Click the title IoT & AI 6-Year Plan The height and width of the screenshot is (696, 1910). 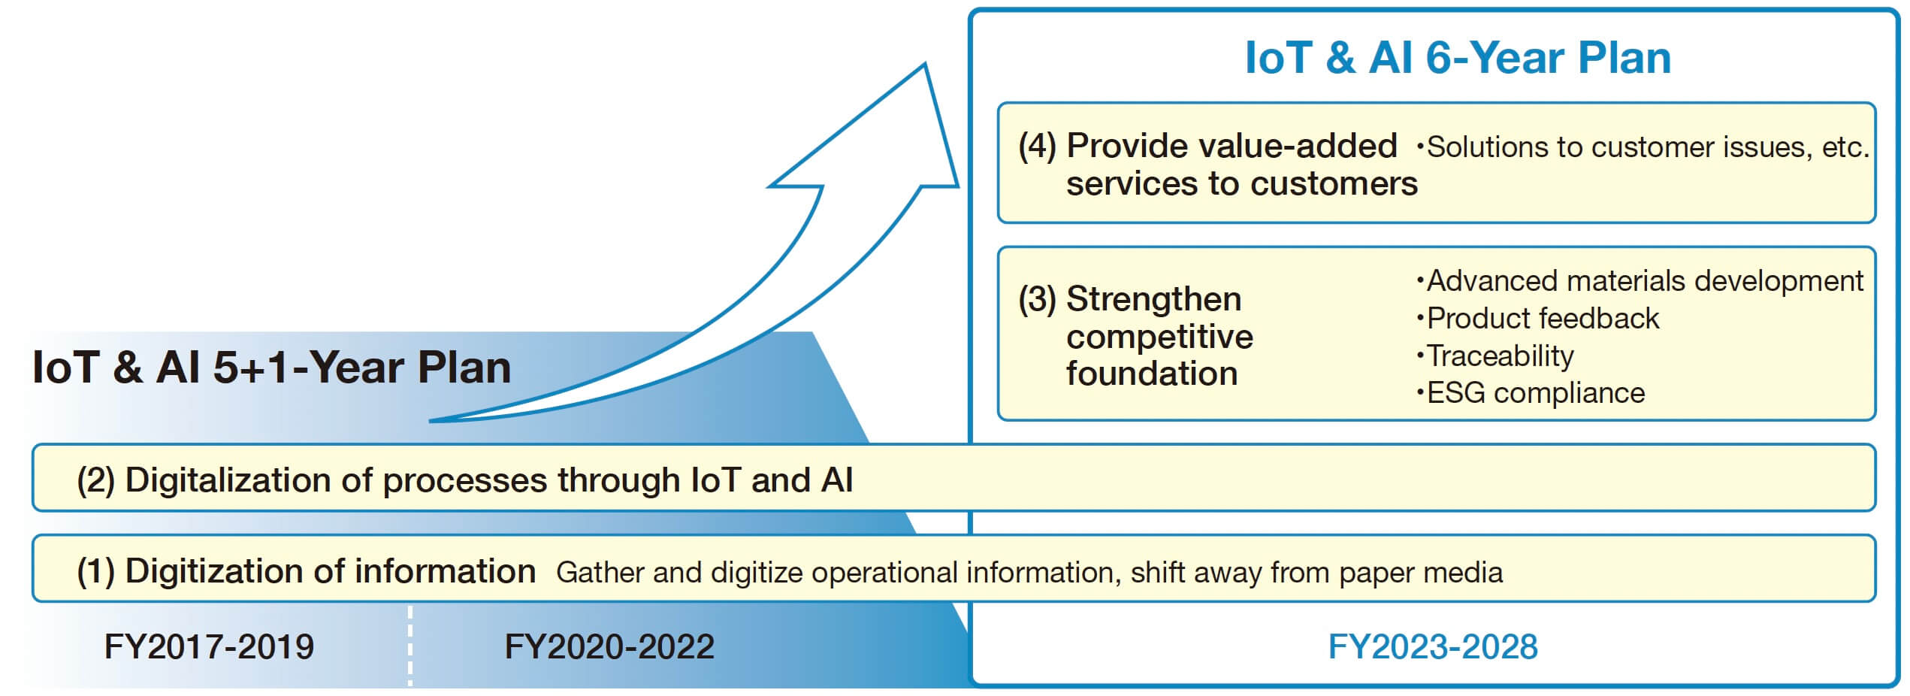click(x=1458, y=58)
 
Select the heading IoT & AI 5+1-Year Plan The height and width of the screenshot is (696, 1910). click(x=271, y=368)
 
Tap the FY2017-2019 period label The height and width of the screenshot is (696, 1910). click(x=209, y=646)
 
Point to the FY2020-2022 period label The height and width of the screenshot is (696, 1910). click(x=609, y=646)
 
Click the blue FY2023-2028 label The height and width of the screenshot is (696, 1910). click(x=1433, y=646)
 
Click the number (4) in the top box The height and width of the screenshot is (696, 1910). click(x=1038, y=146)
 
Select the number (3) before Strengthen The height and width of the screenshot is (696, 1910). click(x=1038, y=299)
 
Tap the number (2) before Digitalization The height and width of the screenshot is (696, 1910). click(x=95, y=480)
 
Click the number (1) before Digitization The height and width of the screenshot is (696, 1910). click(x=95, y=571)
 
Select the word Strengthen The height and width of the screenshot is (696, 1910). click(x=1153, y=299)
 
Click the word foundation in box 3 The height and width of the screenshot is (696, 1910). click(x=1152, y=374)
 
